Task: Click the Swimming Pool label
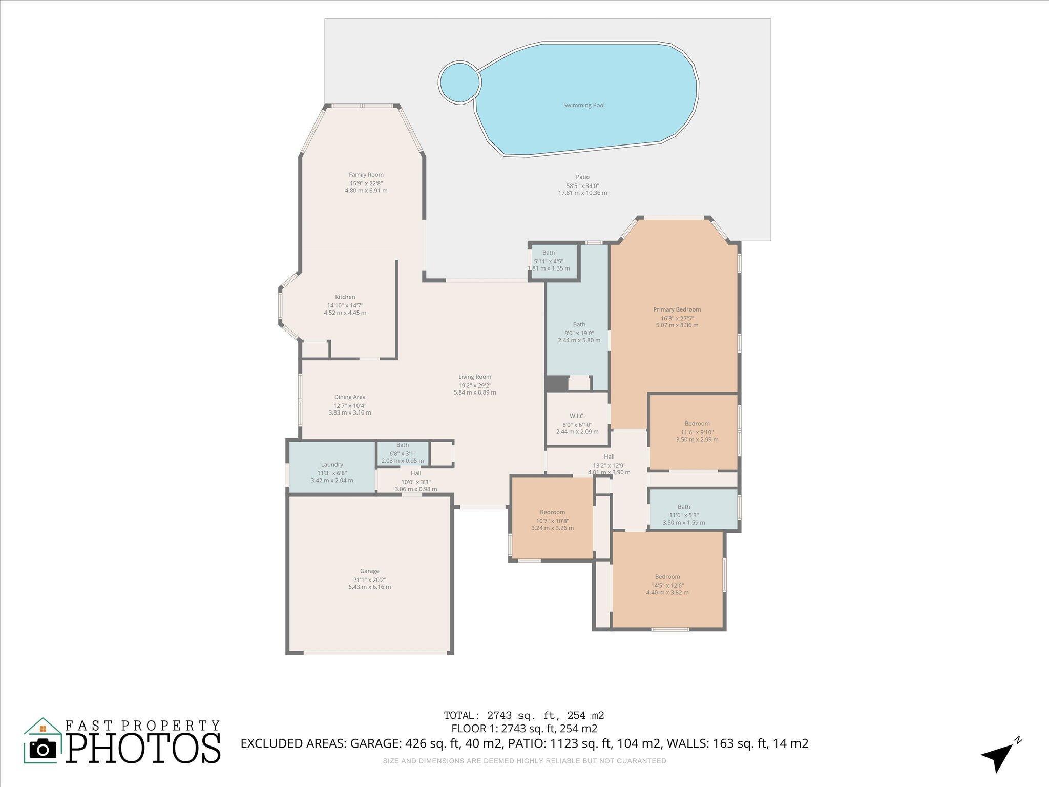click(584, 105)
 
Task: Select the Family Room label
click(366, 175)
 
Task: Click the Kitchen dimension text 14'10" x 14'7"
click(345, 305)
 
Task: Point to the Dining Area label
click(350, 397)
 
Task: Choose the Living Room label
click(474, 377)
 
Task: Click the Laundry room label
click(331, 465)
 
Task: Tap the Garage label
click(369, 571)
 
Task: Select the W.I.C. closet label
click(577, 416)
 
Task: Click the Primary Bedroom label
click(677, 309)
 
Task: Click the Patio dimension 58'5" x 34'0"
click(582, 186)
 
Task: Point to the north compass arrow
click(997, 759)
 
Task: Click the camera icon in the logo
click(43, 750)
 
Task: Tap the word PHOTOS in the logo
click(143, 749)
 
